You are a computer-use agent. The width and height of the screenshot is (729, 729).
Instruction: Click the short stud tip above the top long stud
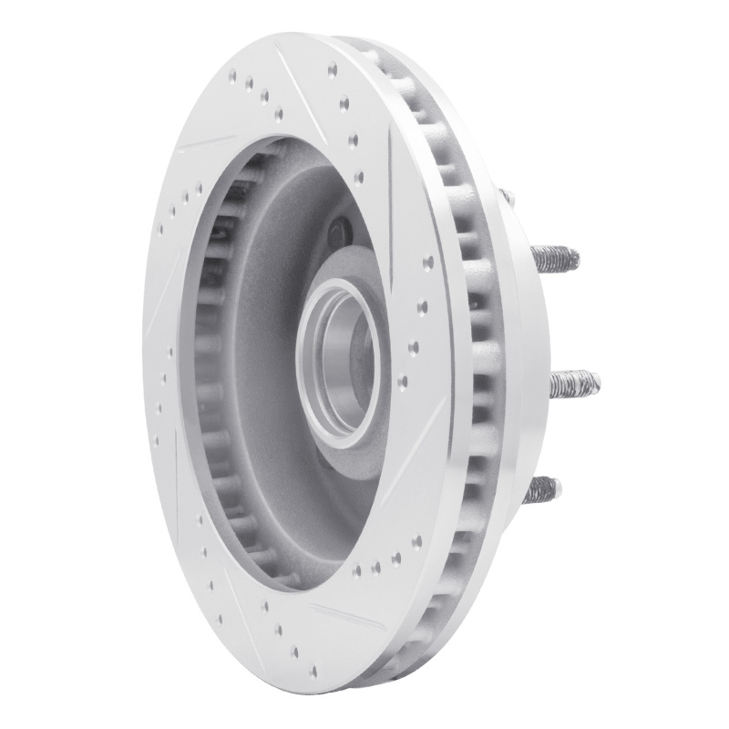click(x=507, y=195)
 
